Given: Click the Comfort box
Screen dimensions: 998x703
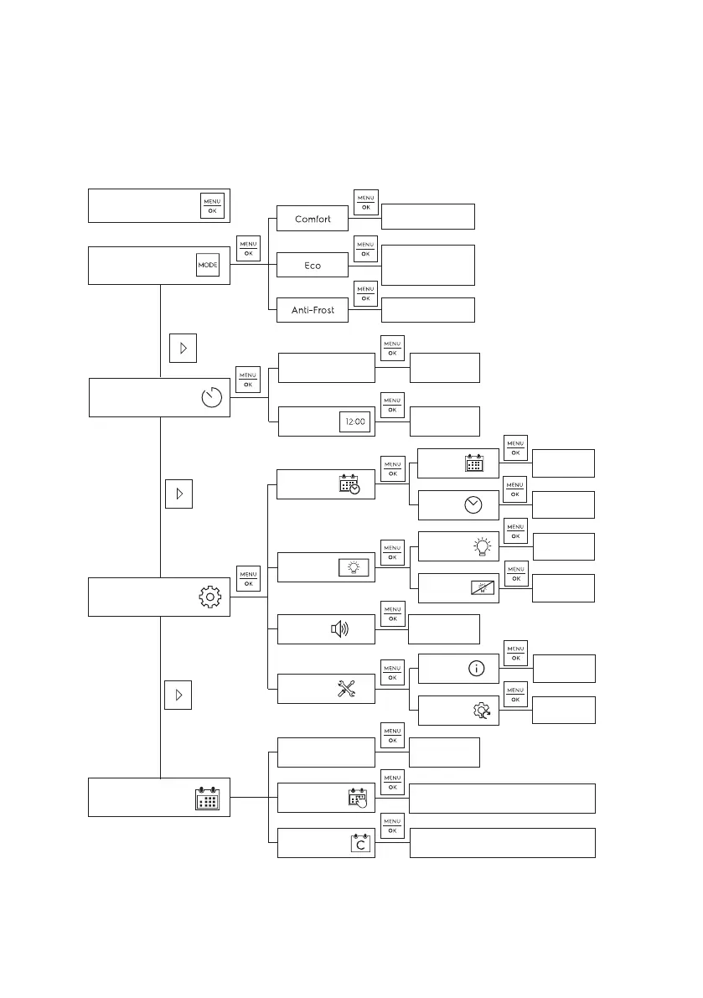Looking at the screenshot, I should pyautogui.click(x=313, y=220).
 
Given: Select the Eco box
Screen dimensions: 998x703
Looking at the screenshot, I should pyautogui.click(x=313, y=266).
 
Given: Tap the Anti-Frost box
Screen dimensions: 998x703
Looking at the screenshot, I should pyautogui.click(x=313, y=310).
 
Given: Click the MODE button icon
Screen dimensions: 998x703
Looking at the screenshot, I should pyautogui.click(x=207, y=265).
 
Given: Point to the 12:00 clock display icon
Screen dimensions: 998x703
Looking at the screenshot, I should pyautogui.click(x=354, y=422).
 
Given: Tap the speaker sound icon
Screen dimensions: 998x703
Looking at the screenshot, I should pyautogui.click(x=340, y=629).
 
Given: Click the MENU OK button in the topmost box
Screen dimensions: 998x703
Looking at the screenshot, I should pyautogui.click(x=212, y=206).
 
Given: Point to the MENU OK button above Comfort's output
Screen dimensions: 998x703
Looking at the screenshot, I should pyautogui.click(x=366, y=202).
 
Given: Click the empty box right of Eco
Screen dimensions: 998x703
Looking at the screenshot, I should pyautogui.click(x=427, y=265).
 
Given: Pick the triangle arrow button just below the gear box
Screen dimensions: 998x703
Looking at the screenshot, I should pyautogui.click(x=178, y=695).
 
